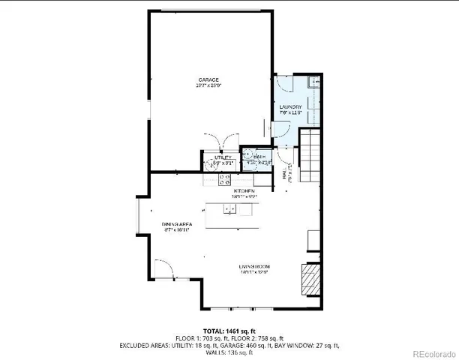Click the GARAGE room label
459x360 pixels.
[208, 79]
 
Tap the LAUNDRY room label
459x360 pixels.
[290, 107]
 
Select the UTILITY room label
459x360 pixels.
[214, 157]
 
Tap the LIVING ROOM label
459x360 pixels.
[254, 267]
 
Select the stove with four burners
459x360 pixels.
[223, 179]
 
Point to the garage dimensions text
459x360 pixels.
[208, 85]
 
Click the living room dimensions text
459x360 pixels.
[254, 273]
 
